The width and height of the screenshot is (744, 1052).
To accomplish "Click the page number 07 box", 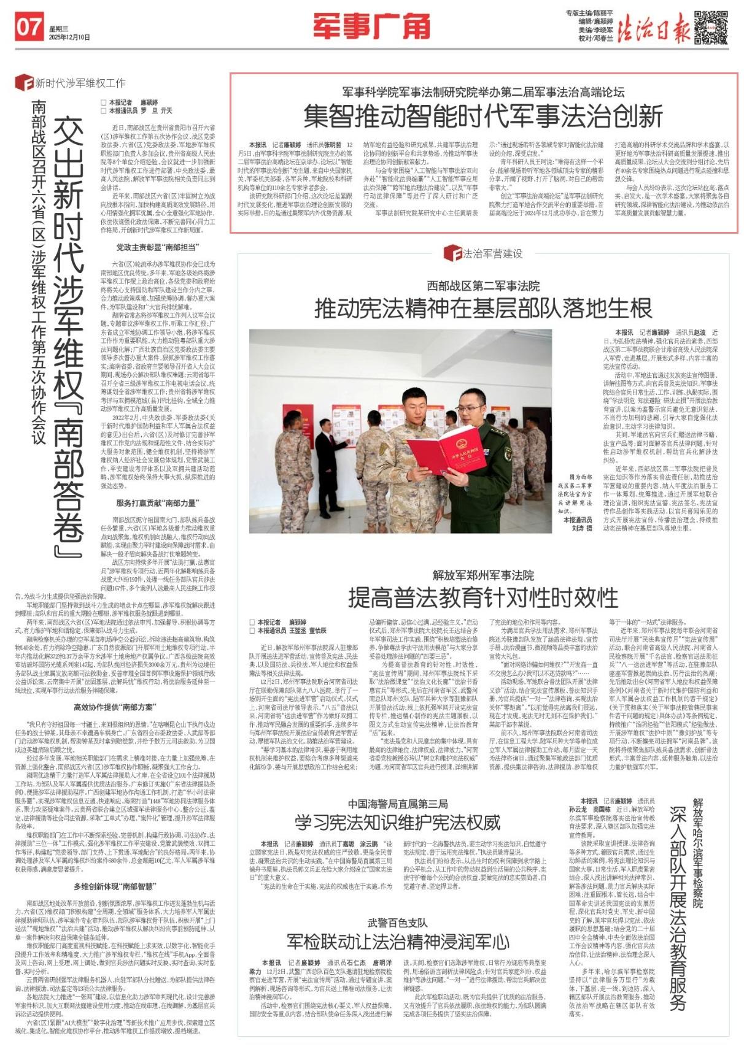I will [29, 28].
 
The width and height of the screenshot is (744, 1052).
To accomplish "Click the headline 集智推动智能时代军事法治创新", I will [483, 115].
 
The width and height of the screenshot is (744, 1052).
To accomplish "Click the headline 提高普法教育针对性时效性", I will [483, 596].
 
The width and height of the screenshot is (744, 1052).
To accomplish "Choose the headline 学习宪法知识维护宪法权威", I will [397, 821].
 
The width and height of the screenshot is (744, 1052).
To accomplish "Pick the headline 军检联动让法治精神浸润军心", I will [397, 941].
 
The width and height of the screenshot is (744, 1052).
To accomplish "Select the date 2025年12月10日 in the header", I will [69, 37].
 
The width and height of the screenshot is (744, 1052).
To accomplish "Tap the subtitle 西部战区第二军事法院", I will [483, 286].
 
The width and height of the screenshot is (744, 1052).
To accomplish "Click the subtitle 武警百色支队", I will [397, 922].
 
